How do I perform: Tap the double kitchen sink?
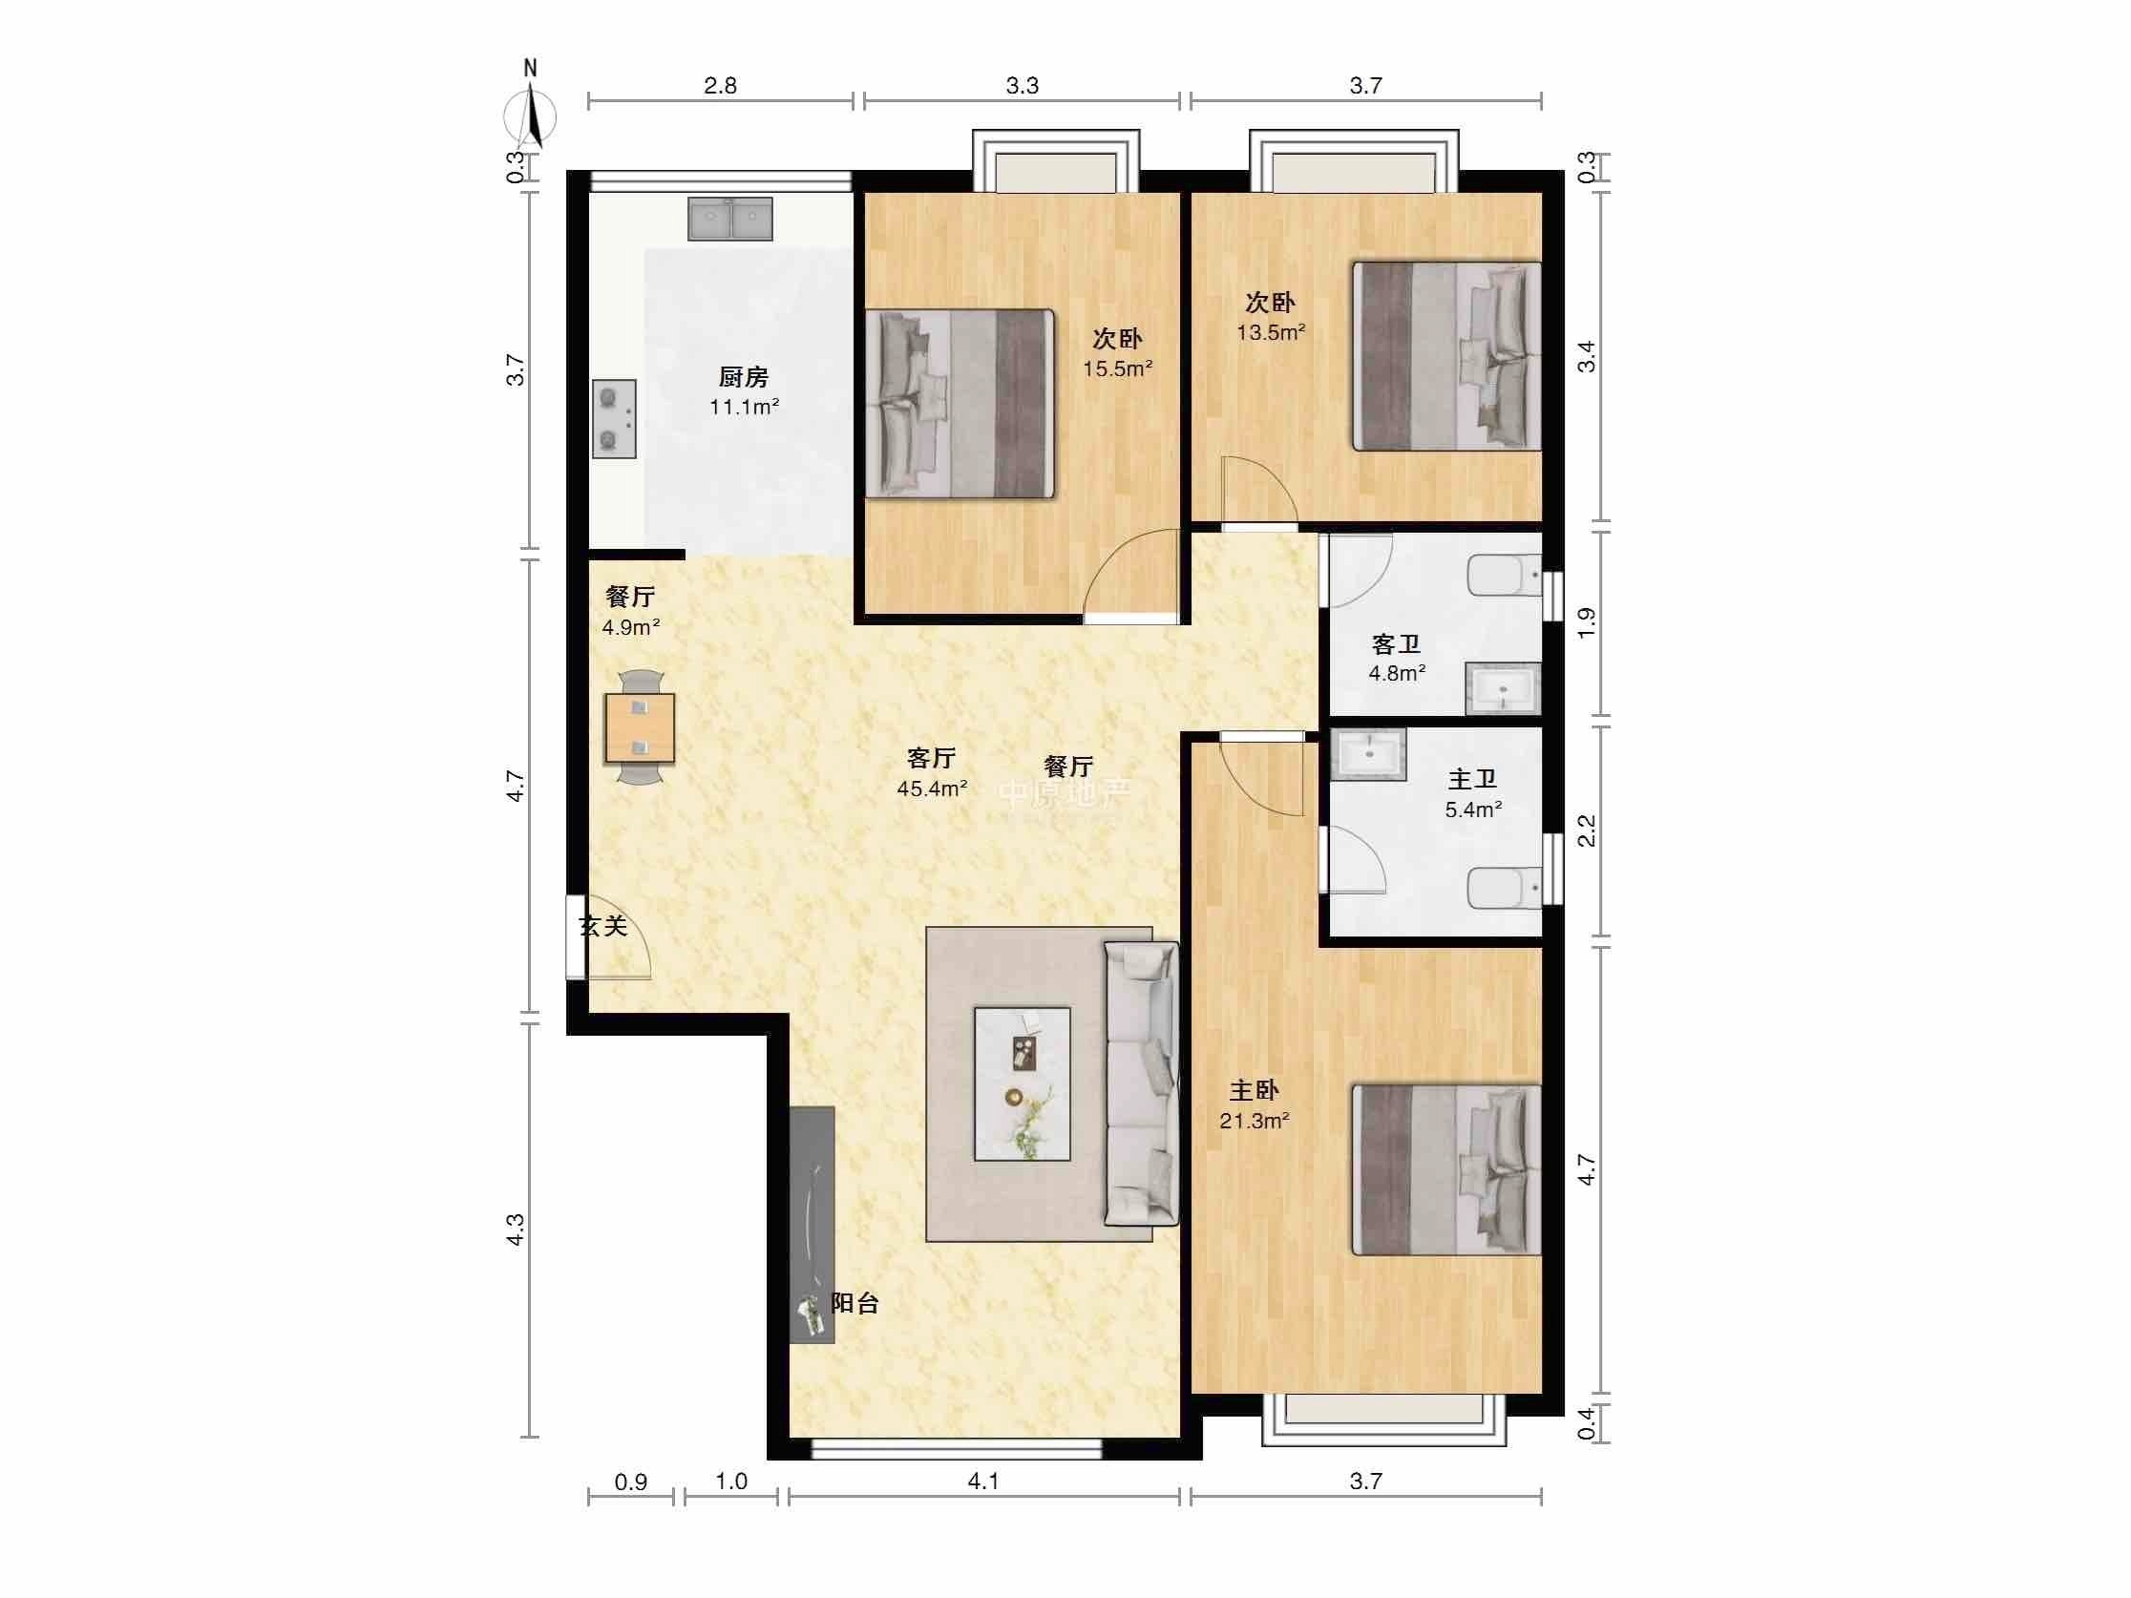pyautogui.click(x=730, y=219)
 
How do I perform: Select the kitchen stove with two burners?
pyautogui.click(x=614, y=418)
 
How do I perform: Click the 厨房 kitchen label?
pyautogui.click(x=744, y=377)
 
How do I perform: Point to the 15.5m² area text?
pyautogui.click(x=1117, y=368)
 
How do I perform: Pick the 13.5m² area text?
pyautogui.click(x=1272, y=332)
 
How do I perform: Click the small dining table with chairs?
pyautogui.click(x=640, y=727)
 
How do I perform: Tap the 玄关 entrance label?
pyautogui.click(x=603, y=926)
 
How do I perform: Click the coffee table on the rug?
pyautogui.click(x=1023, y=1083)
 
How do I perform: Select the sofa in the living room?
pyautogui.click(x=1142, y=1083)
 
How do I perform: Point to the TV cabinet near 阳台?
pyautogui.click(x=812, y=1224)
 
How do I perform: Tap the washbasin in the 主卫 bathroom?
pyautogui.click(x=1368, y=754)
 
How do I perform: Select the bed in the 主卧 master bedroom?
pyautogui.click(x=1447, y=1170)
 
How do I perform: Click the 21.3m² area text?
pyautogui.click(x=1255, y=1121)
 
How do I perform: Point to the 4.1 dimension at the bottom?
pyautogui.click(x=983, y=1481)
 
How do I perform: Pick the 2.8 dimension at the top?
pyautogui.click(x=720, y=86)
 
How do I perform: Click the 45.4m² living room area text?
pyautogui.click(x=933, y=788)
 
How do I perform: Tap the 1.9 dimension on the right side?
pyautogui.click(x=1586, y=622)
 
